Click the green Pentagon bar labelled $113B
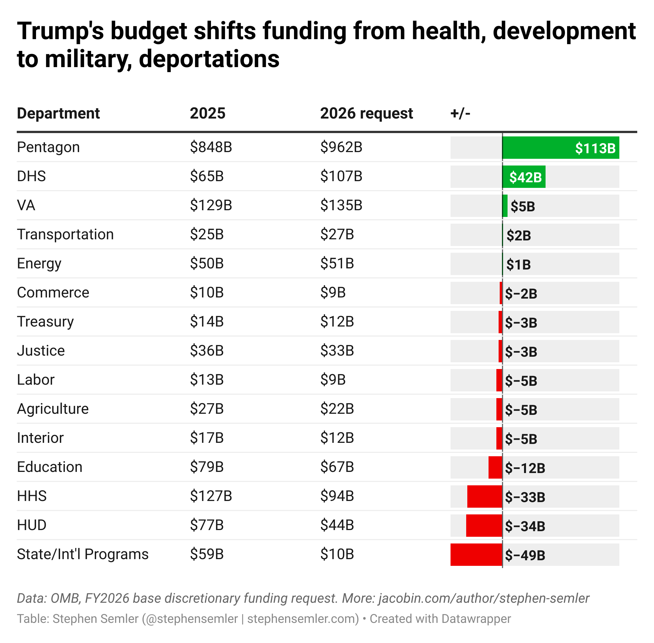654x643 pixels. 560,148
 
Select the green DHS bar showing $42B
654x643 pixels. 524,177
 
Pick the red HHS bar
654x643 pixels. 485,497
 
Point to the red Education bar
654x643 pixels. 495,467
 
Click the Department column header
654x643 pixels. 58,114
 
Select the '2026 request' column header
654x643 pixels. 366,114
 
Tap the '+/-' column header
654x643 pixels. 460,114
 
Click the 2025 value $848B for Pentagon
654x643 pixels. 211,147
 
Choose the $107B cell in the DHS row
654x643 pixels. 341,176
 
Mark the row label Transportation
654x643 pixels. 65,234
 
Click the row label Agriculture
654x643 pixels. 53,409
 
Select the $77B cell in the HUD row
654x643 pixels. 207,525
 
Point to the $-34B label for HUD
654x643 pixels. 525,526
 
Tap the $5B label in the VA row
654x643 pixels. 523,206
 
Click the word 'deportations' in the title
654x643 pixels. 209,59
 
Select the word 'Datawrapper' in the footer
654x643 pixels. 476,619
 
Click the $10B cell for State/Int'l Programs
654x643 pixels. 337,554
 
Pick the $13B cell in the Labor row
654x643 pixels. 207,380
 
